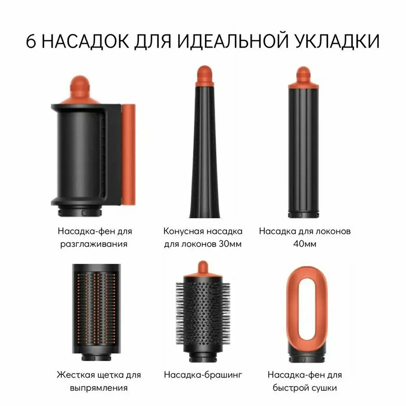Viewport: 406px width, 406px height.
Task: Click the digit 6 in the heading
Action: click(x=31, y=41)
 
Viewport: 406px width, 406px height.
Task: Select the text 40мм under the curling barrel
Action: click(x=304, y=244)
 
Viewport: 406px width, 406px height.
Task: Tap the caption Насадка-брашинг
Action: click(x=203, y=374)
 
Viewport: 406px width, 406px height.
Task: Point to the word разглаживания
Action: click(x=94, y=244)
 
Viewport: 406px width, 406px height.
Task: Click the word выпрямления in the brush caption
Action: click(x=99, y=388)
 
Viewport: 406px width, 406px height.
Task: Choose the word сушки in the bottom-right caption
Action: click(x=324, y=388)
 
